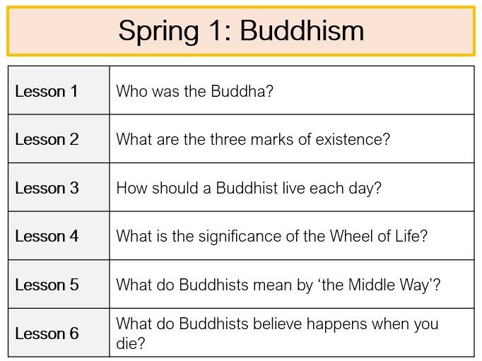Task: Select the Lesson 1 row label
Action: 47,91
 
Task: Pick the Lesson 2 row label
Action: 47,139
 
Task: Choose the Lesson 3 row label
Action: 47,188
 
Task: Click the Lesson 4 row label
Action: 47,236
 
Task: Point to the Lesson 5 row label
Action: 47,285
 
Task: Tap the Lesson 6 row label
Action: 47,333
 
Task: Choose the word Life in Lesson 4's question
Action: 411,236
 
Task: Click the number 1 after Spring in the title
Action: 219,31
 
